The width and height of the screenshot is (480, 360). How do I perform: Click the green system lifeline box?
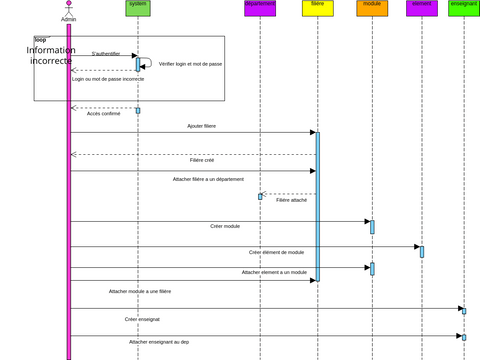tap(138, 8)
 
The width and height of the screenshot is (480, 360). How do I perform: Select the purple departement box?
tap(260, 8)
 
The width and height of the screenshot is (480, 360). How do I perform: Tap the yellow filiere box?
tap(317, 8)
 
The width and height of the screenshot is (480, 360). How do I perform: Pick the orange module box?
tap(372, 8)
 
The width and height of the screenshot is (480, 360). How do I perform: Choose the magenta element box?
tap(422, 8)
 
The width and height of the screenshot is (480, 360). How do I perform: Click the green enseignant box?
tap(464, 8)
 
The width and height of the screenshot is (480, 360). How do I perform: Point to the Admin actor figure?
tap(69, 10)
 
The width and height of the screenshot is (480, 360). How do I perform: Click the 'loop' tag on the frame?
tap(40, 40)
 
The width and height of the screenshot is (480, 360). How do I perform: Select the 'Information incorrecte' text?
tap(51, 56)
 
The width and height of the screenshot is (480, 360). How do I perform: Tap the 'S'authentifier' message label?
tap(106, 53)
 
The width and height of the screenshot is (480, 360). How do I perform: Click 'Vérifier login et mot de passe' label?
tap(191, 63)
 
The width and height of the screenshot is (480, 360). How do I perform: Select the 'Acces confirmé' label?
tap(104, 114)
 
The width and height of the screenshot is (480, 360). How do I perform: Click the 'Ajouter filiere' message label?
tap(201, 126)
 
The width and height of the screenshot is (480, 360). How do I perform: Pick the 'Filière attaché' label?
tap(291, 200)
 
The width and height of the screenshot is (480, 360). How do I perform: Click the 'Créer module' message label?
tap(225, 226)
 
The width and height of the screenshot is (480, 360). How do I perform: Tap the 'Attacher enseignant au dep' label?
tap(159, 341)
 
